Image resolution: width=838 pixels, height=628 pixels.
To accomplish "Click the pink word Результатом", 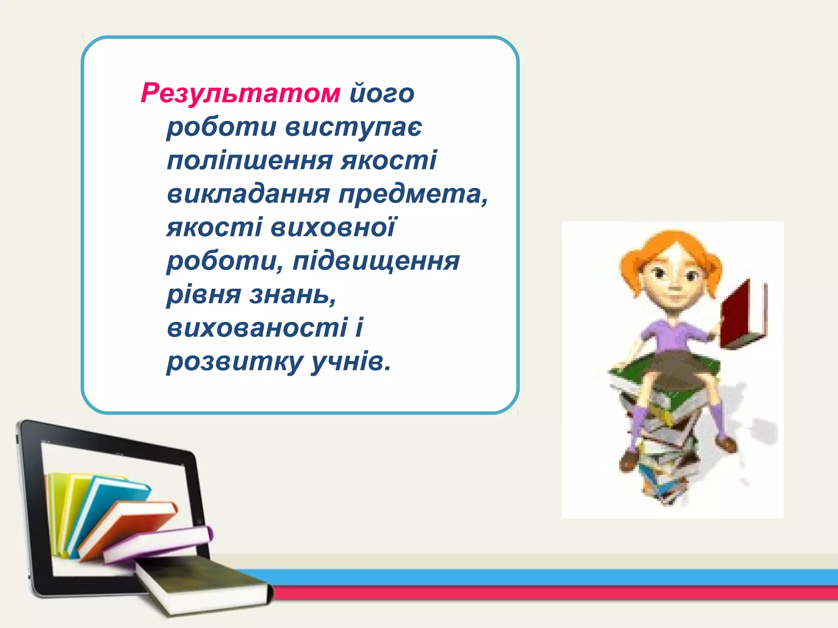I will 240,93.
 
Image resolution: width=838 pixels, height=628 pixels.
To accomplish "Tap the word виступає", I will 353,127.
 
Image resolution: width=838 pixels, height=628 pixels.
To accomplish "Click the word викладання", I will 248,194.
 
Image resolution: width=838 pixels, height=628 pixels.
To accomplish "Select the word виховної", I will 333,227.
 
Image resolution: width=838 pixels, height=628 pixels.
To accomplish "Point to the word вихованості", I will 257,328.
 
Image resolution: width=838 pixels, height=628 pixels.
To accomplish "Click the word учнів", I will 351,361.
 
